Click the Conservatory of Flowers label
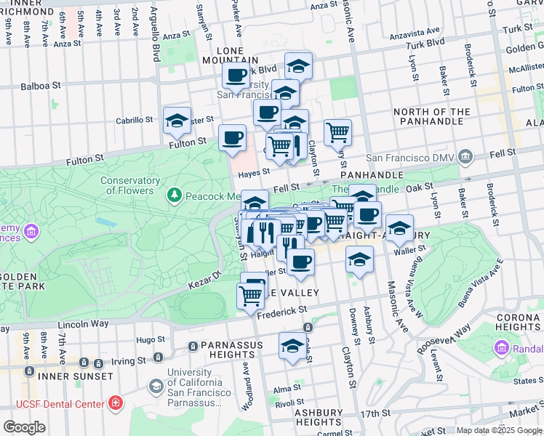(130, 185)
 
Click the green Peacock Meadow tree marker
(174, 195)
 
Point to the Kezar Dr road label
(207, 276)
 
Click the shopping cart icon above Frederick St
(251, 295)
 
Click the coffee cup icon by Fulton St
(232, 137)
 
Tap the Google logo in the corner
(25, 427)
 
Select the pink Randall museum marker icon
(501, 348)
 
